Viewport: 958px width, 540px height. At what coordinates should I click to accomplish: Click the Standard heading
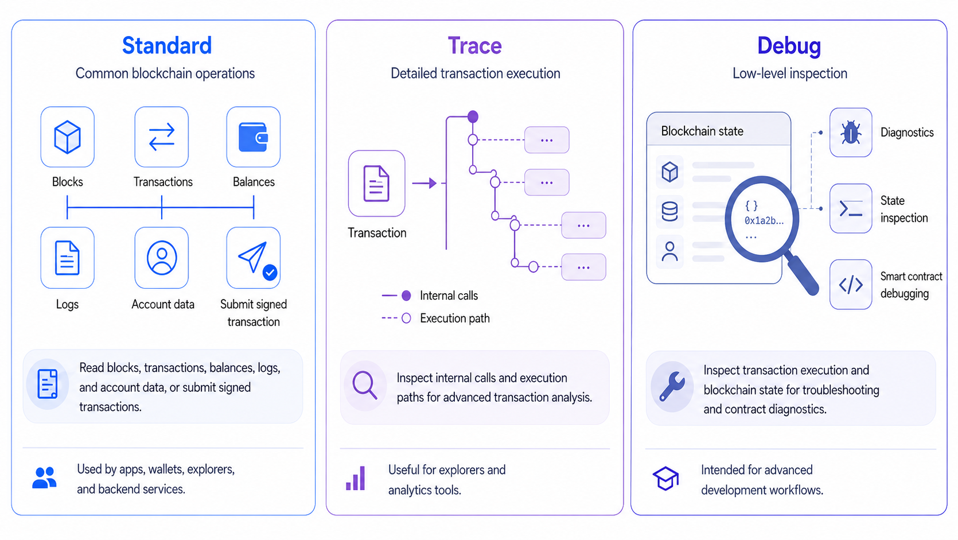pyautogui.click(x=167, y=45)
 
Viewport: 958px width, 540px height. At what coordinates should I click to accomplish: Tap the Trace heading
pyautogui.click(x=475, y=45)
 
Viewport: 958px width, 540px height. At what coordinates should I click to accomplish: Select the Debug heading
pyautogui.click(x=789, y=46)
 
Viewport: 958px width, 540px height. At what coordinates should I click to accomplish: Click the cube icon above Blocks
pyautogui.click(x=68, y=137)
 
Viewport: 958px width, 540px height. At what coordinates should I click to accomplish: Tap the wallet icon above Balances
pyautogui.click(x=253, y=137)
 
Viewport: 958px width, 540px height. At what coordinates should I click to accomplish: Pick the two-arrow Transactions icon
pyautogui.click(x=162, y=137)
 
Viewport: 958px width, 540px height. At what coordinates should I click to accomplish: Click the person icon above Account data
pyautogui.click(x=162, y=258)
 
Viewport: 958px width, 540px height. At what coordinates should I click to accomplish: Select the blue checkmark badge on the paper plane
pyautogui.click(x=270, y=272)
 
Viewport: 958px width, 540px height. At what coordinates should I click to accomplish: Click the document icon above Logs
pyautogui.click(x=67, y=258)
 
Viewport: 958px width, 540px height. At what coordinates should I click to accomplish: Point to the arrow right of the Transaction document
pyautogui.click(x=425, y=183)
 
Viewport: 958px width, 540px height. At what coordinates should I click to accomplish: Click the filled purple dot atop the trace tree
pyautogui.click(x=473, y=116)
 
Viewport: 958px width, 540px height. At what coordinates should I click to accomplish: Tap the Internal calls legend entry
pyautogui.click(x=430, y=295)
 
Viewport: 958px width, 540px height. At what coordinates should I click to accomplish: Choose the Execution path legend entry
pyautogui.click(x=436, y=318)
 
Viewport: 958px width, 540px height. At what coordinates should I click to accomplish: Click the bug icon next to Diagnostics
pyautogui.click(x=851, y=132)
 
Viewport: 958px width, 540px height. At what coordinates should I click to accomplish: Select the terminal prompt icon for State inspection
pyautogui.click(x=851, y=208)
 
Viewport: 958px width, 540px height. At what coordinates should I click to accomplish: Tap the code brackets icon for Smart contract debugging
pyautogui.click(x=851, y=285)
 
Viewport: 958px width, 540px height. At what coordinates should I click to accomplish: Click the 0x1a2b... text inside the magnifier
pyautogui.click(x=764, y=220)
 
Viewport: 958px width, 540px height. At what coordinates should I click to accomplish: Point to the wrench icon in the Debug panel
pyautogui.click(x=672, y=386)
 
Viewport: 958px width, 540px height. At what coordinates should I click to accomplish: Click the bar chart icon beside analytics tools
pyautogui.click(x=356, y=478)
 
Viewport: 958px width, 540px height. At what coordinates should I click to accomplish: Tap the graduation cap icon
pyautogui.click(x=666, y=479)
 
